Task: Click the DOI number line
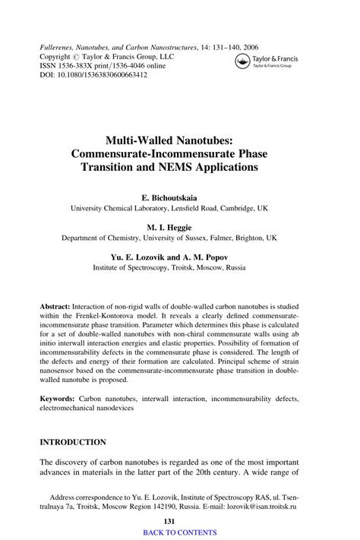pos(84,75)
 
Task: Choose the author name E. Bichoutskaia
pos(179,194)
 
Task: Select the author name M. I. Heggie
pos(179,226)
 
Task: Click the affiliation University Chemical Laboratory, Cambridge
pos(179,207)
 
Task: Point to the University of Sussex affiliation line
pos(179,238)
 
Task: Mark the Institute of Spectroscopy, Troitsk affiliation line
pos(179,268)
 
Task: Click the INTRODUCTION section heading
pos(73,441)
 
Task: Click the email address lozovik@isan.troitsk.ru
pos(264,504)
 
